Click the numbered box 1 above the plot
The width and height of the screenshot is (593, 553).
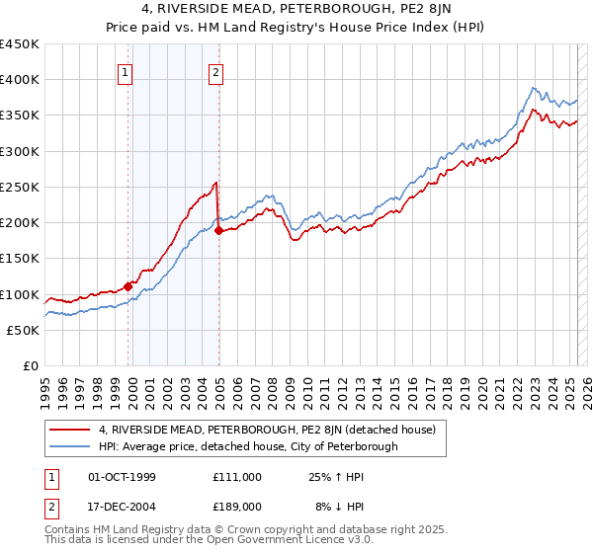(127, 71)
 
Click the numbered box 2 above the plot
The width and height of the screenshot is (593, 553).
(215, 71)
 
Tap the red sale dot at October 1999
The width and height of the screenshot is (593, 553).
(127, 286)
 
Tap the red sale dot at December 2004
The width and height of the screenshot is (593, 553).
(218, 231)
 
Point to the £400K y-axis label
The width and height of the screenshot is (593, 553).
(20, 80)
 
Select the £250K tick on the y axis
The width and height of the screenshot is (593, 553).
(20, 187)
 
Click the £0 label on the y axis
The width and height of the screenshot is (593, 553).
(31, 365)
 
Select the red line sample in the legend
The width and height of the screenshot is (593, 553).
(72, 429)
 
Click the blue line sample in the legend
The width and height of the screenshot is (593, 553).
(72, 446)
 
